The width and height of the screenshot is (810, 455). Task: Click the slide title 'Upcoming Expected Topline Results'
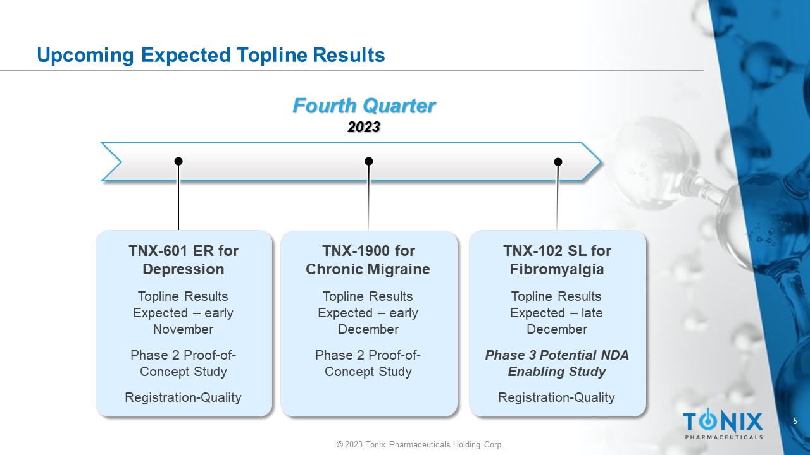[x=211, y=55]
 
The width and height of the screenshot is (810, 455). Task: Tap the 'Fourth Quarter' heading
[x=364, y=106]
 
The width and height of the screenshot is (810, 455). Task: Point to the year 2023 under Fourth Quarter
[x=364, y=127]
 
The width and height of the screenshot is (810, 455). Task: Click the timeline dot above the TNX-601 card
[x=178, y=161]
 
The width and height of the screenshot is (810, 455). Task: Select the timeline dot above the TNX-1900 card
[x=368, y=161]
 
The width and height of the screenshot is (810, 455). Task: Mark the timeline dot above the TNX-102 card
[x=558, y=162]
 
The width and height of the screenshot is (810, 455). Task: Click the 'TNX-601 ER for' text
[x=184, y=251]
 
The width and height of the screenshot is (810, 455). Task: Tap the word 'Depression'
[x=184, y=269]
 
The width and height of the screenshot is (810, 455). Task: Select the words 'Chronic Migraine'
[x=368, y=269]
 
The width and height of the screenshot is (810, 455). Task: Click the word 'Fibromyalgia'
[x=557, y=269]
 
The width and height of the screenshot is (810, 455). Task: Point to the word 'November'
[x=184, y=329]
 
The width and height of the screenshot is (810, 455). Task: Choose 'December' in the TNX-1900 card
[x=368, y=329]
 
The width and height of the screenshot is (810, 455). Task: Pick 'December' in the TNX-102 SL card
[x=557, y=329]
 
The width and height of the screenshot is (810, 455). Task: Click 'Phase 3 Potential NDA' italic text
[x=557, y=355]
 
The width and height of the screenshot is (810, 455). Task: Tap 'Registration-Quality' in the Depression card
[x=183, y=397]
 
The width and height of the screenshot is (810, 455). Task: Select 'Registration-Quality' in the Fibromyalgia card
[x=556, y=397]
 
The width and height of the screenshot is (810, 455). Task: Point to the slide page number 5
[x=795, y=421]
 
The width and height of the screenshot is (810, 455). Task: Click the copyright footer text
[x=420, y=444]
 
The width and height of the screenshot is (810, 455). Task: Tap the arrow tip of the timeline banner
[x=601, y=162]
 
